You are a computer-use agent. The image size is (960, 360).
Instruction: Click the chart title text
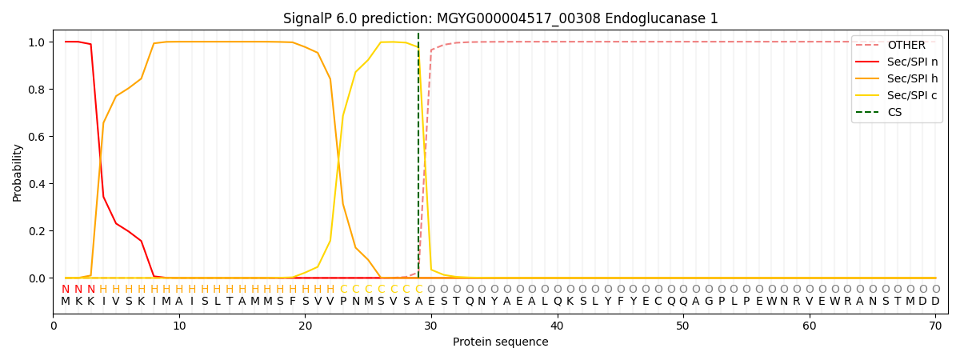[x=501, y=18]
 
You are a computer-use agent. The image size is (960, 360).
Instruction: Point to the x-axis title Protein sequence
[x=501, y=342]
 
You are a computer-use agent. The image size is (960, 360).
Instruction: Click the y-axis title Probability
[x=18, y=172]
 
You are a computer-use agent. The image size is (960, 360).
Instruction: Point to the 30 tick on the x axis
[x=431, y=326]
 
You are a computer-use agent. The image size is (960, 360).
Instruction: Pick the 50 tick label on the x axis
[x=682, y=326]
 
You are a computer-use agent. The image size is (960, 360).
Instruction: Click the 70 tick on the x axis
[x=935, y=326]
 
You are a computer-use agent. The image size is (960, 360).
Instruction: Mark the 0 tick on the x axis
[x=54, y=326]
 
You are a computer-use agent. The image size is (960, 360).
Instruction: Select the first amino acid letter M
[x=66, y=302]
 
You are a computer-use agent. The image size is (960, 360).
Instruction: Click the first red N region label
[x=66, y=290]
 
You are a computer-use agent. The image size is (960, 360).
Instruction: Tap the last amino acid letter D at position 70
[x=935, y=302]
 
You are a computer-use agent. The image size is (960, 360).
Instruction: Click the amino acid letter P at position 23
[x=343, y=302]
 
